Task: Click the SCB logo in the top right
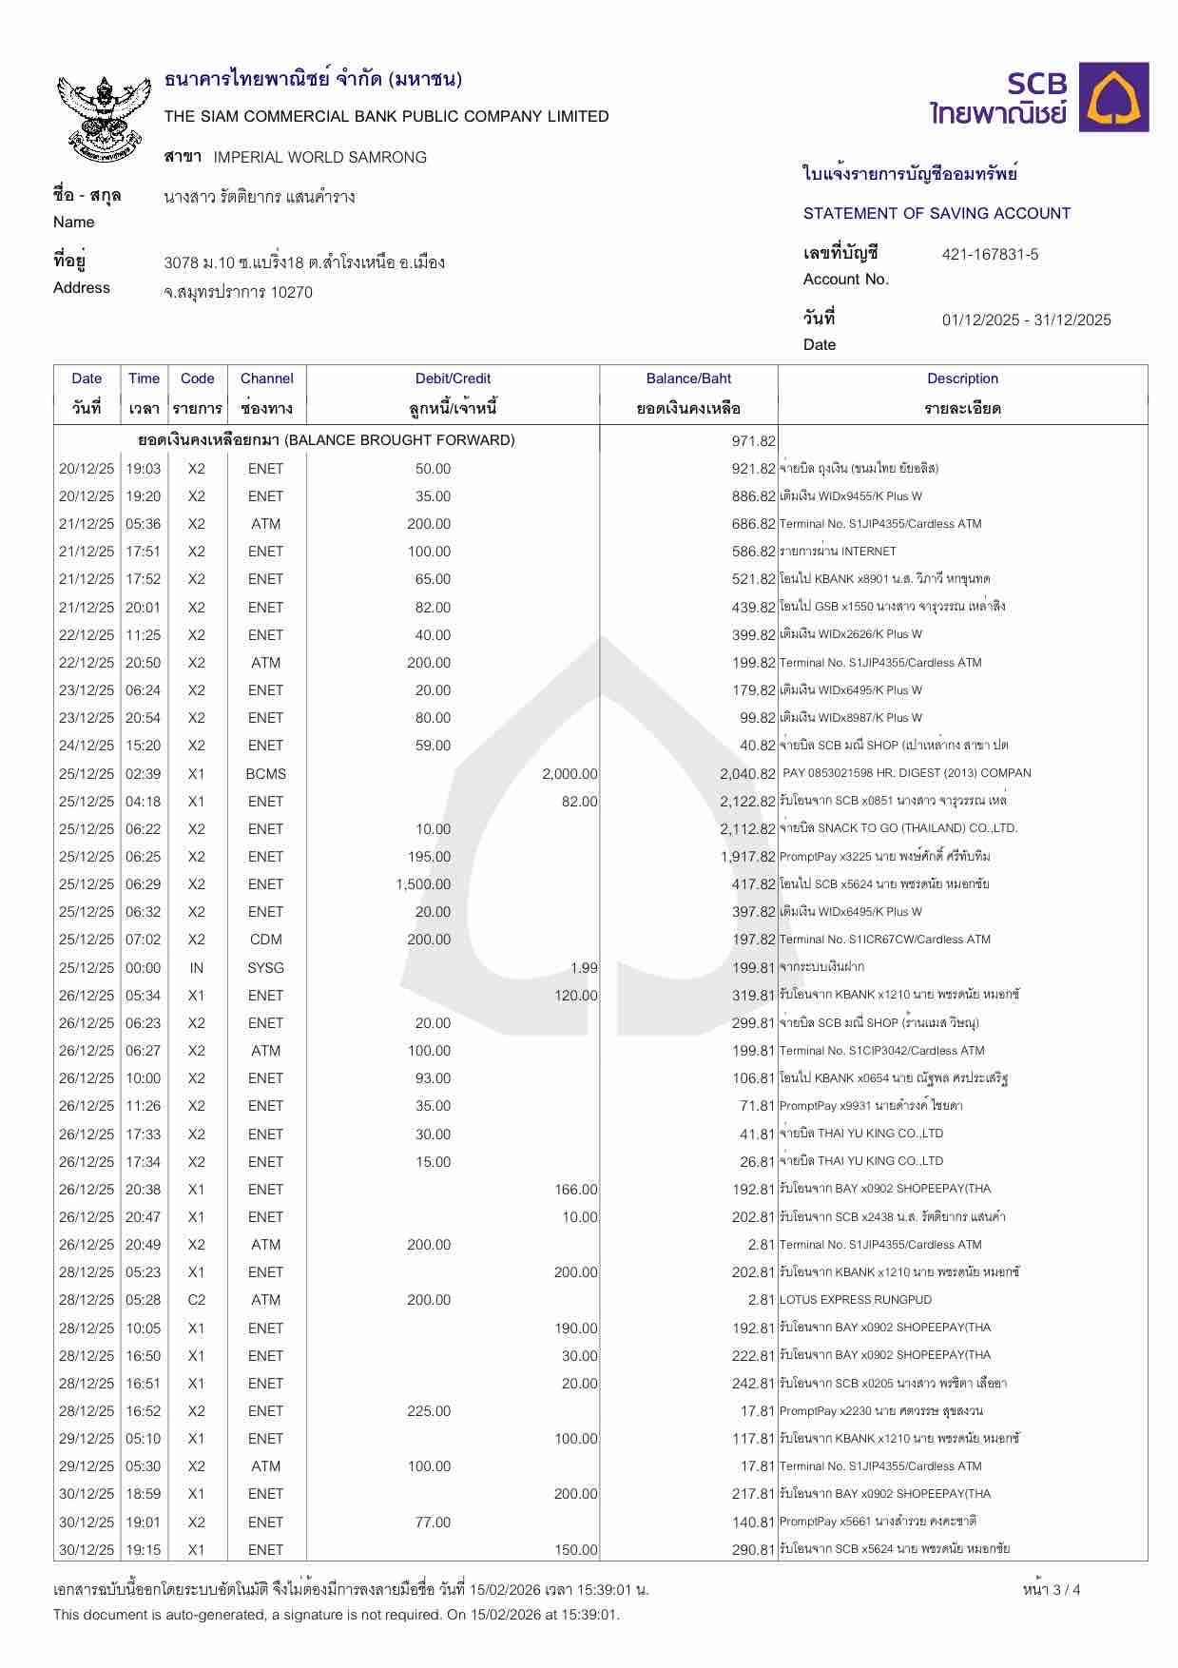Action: pyautogui.click(x=1040, y=98)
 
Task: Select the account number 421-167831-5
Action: pyautogui.click(x=990, y=254)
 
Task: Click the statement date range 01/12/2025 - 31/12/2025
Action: pyautogui.click(x=1026, y=320)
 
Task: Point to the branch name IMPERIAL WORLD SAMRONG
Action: pyautogui.click(x=320, y=157)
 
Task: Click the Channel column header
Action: pyautogui.click(x=266, y=378)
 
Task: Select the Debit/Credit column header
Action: pyautogui.click(x=453, y=378)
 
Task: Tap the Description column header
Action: pyautogui.click(x=962, y=378)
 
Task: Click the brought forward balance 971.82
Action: pyautogui.click(x=753, y=440)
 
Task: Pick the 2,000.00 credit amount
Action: pyautogui.click(x=570, y=773)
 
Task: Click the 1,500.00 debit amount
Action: pyautogui.click(x=423, y=884)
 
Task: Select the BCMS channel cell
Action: pyautogui.click(x=265, y=773)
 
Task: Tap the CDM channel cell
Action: pyautogui.click(x=265, y=940)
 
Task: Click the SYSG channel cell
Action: pyautogui.click(x=265, y=967)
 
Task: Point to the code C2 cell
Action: pyautogui.click(x=197, y=1299)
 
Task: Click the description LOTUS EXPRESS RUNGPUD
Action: pyautogui.click(x=855, y=1299)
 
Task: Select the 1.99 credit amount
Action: pyautogui.click(x=584, y=967)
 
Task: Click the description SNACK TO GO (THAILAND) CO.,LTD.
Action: pyautogui.click(x=898, y=828)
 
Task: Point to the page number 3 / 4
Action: pyautogui.click(x=1052, y=1589)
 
